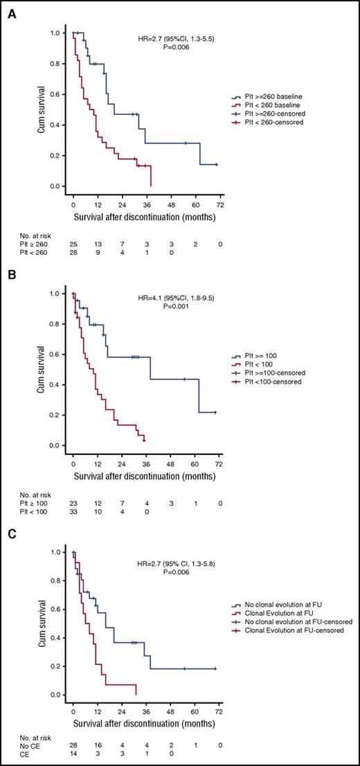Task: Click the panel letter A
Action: [9, 10]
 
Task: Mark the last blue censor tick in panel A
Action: [217, 164]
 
